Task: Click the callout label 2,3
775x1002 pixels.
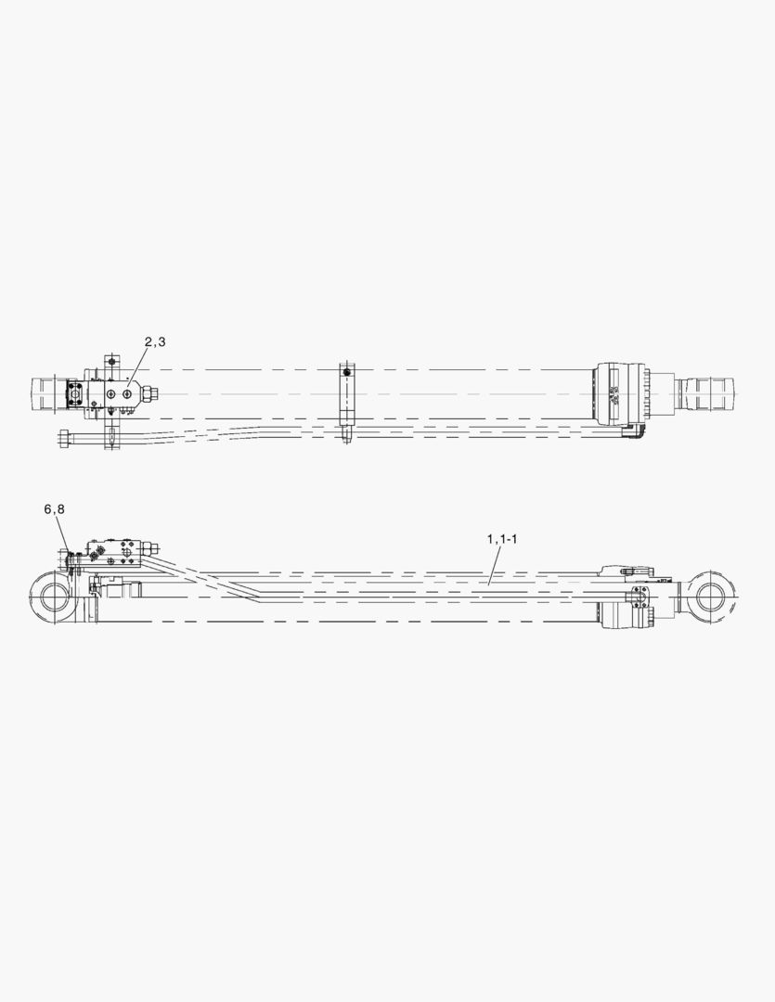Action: tap(155, 342)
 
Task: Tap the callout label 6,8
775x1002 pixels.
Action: tap(55, 509)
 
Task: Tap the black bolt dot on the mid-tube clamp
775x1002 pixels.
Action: tap(346, 373)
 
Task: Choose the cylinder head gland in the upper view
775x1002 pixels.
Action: tap(622, 393)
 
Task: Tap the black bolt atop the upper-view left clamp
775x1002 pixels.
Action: tap(112, 360)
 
